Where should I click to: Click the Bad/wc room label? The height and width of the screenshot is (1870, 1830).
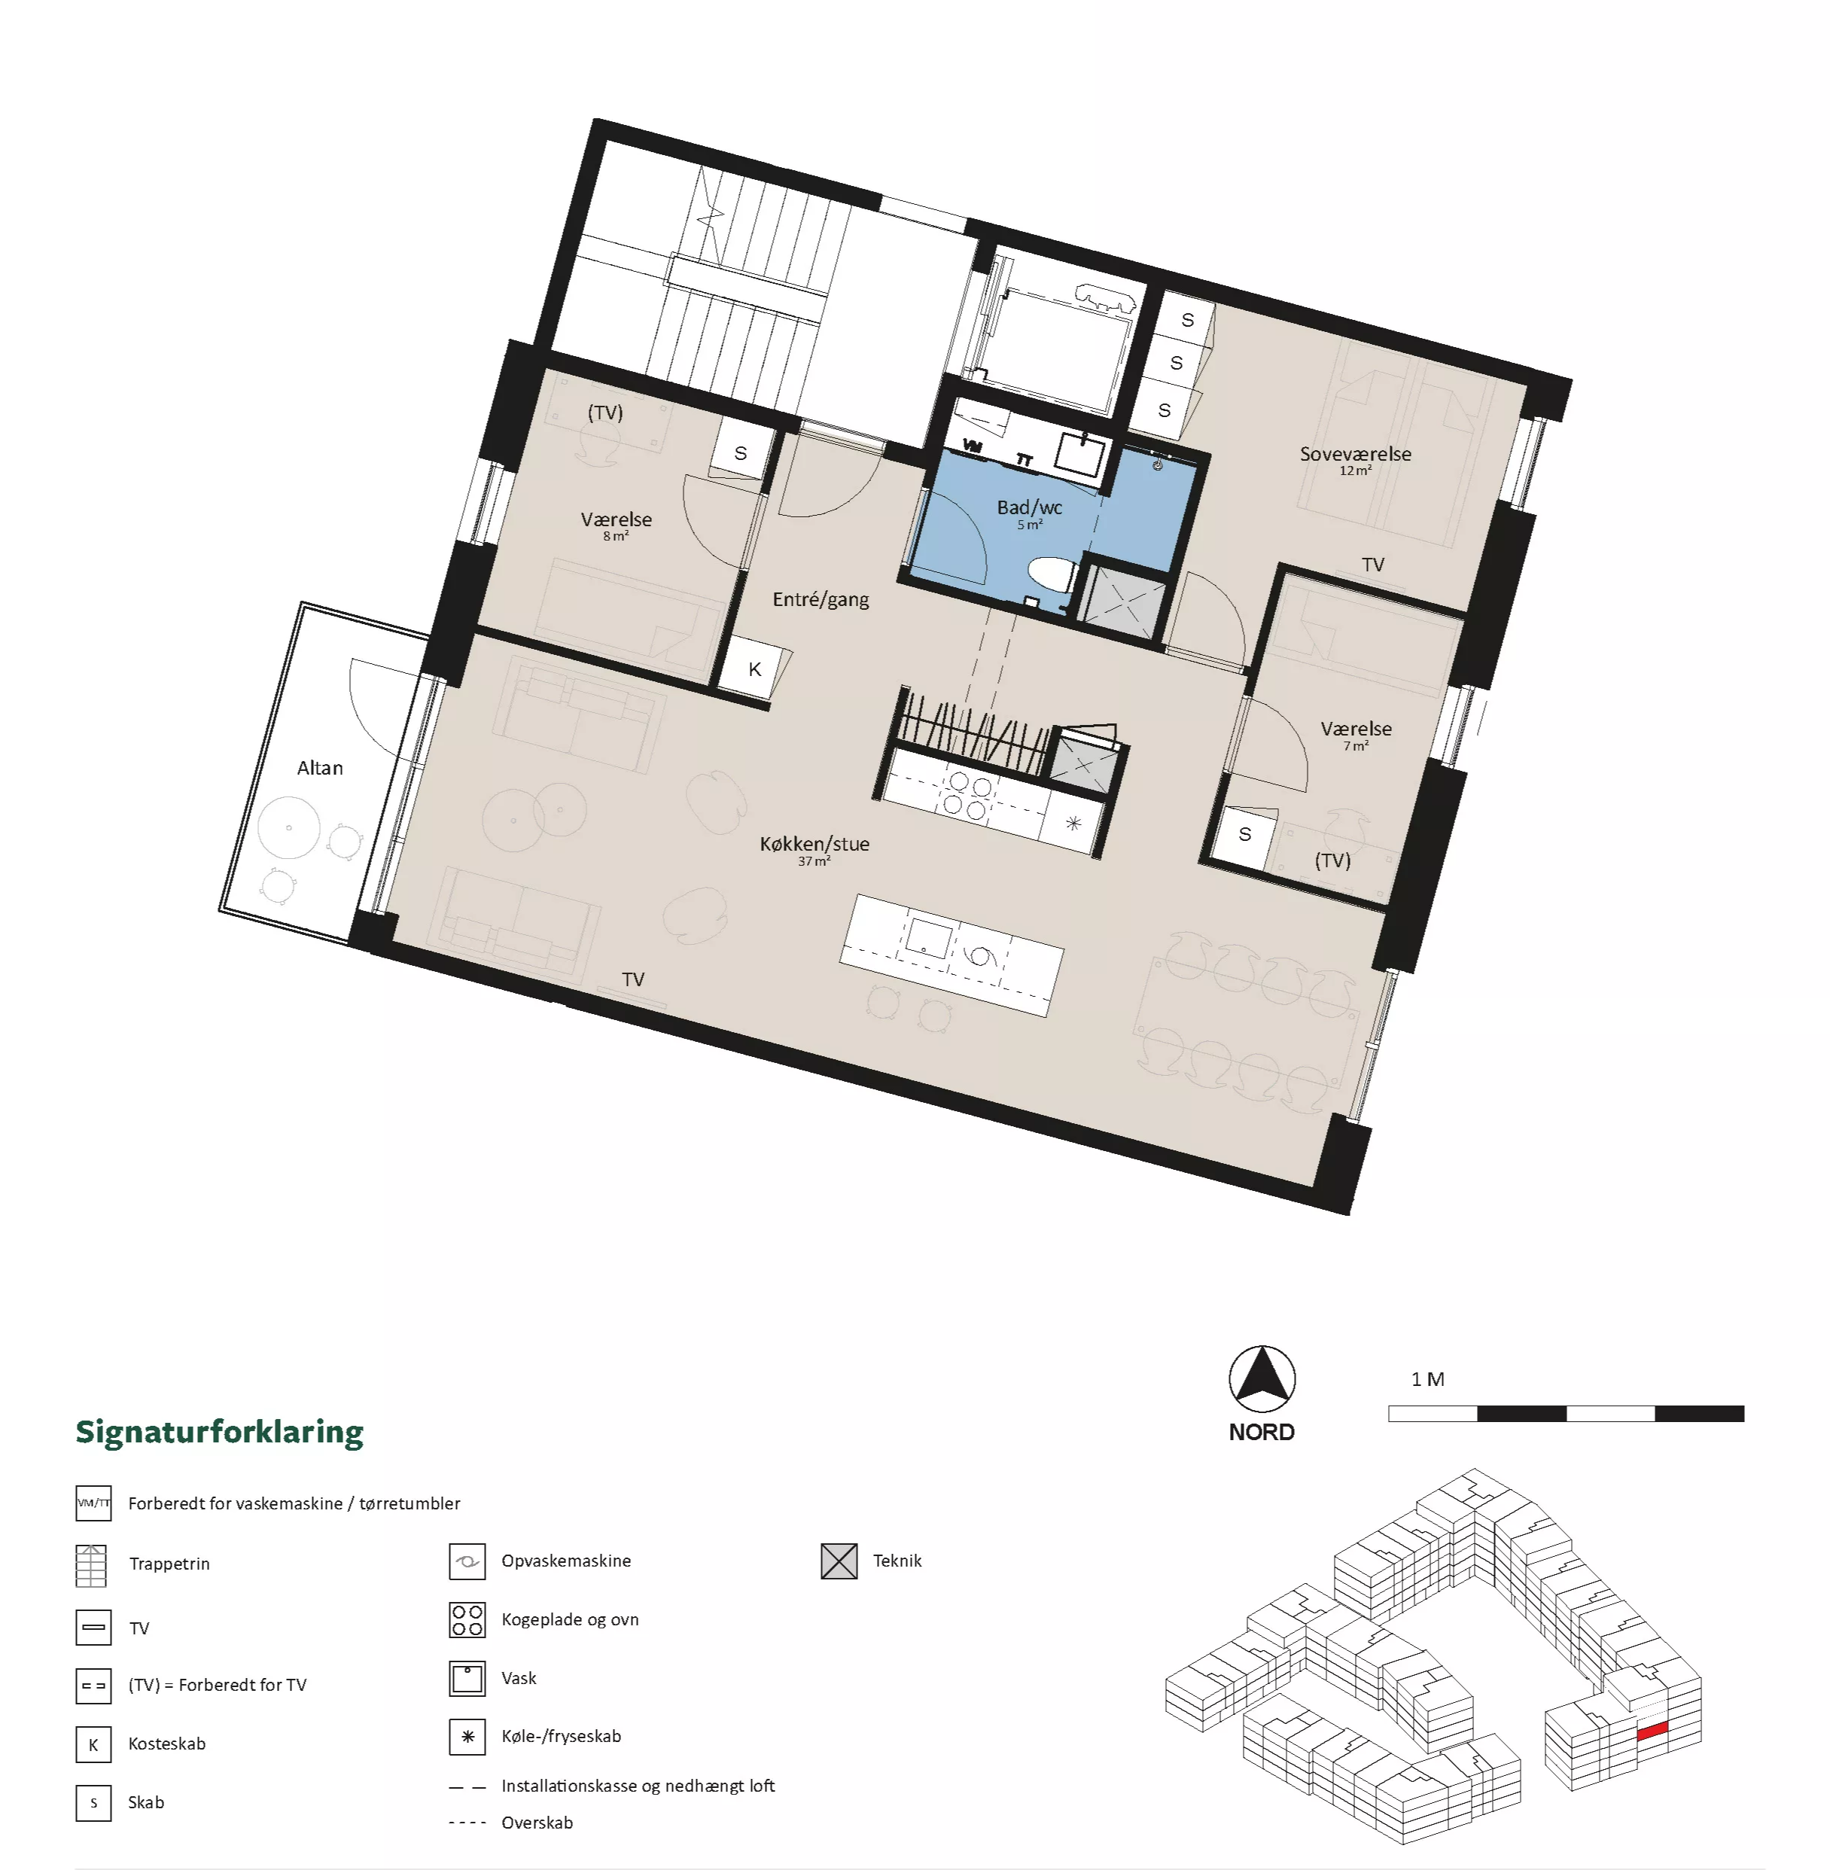(1029, 507)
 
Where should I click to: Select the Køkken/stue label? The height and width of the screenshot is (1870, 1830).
(814, 844)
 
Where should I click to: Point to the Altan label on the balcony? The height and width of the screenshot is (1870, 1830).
(320, 768)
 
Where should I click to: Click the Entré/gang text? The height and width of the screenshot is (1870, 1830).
(821, 600)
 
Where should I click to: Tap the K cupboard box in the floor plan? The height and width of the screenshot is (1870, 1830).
(754, 668)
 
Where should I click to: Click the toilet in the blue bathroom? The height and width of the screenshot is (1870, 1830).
(1052, 577)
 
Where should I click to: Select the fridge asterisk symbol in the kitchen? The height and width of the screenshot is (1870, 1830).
(1073, 823)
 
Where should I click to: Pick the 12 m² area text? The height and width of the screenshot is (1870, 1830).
(1355, 471)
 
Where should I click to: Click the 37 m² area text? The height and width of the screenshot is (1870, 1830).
(813, 861)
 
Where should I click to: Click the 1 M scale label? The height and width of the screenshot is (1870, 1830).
(1427, 1379)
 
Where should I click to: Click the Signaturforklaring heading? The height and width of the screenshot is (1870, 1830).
(219, 1432)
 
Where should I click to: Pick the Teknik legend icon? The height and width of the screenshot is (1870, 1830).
(839, 1561)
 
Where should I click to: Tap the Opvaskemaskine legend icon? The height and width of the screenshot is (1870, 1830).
(467, 1561)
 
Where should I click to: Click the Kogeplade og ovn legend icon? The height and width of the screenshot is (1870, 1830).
(467, 1620)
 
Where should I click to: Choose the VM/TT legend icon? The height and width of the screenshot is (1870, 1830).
(93, 1503)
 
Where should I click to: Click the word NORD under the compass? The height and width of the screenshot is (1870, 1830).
(1262, 1432)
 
